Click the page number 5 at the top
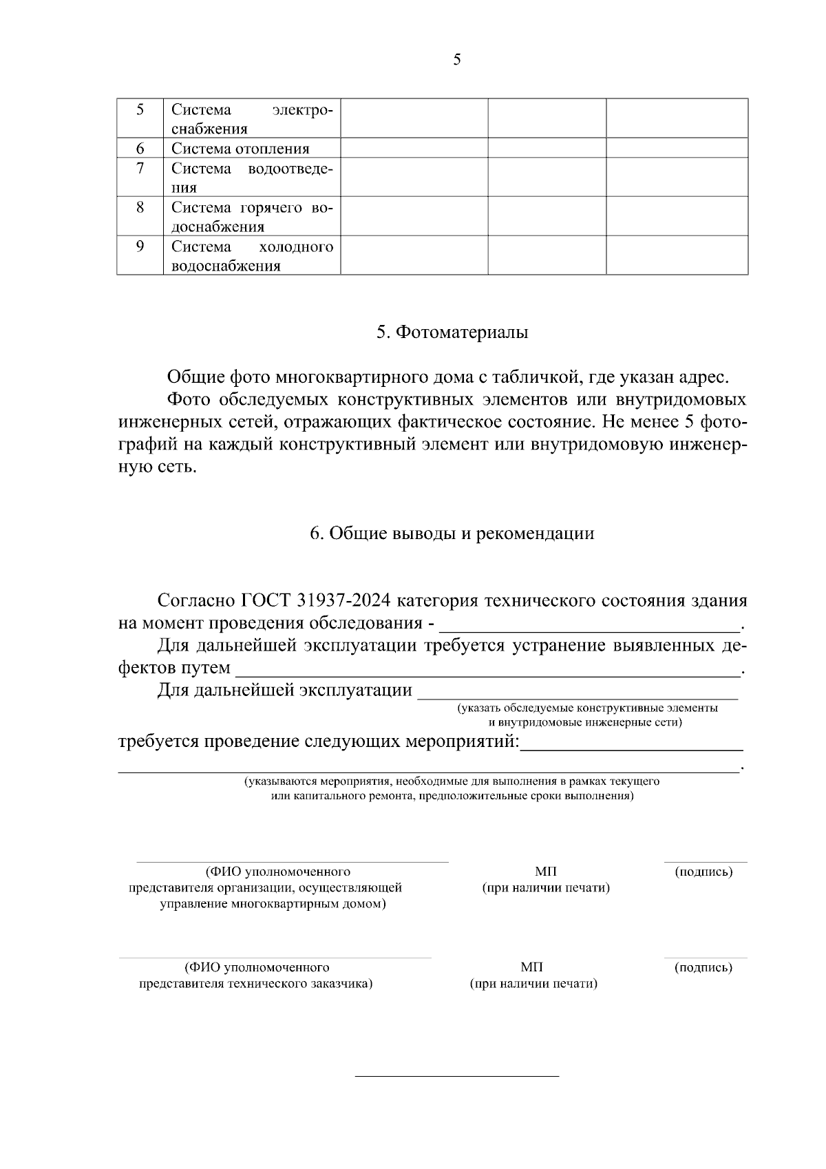click(457, 60)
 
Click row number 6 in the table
click(140, 148)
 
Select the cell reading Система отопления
click(240, 149)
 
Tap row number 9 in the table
click(140, 246)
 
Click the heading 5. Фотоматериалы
click(452, 333)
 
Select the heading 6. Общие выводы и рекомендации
click(452, 534)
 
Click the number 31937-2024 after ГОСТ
click(345, 600)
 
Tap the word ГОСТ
click(267, 600)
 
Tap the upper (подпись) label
click(703, 872)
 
